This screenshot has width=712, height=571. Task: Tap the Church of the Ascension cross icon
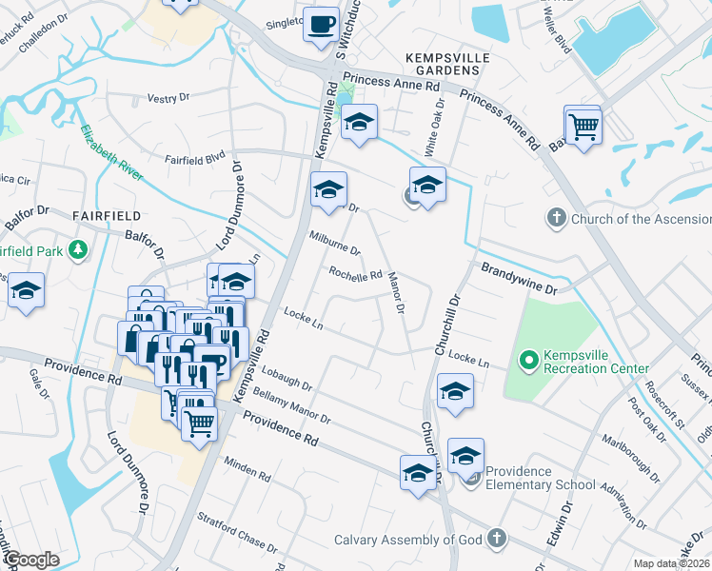(x=557, y=219)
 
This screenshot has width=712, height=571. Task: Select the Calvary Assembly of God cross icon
(x=495, y=540)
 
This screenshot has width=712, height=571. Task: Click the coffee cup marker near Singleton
(x=321, y=23)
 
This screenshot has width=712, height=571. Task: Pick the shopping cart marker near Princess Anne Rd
(x=583, y=124)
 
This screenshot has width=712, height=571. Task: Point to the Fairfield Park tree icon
(x=78, y=251)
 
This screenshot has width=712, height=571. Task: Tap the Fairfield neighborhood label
(x=106, y=216)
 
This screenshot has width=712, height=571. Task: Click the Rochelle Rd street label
(x=355, y=274)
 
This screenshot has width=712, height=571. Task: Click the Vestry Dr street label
(x=169, y=98)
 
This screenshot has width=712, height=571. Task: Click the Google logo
(x=30, y=560)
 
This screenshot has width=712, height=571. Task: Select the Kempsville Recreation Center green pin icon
(x=528, y=361)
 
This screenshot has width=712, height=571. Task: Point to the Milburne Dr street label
(x=335, y=245)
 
